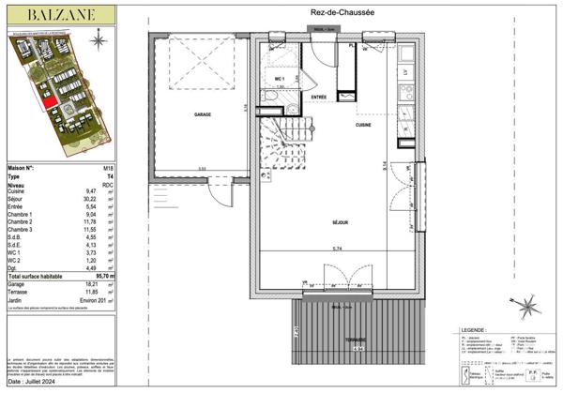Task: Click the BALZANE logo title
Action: [59, 14]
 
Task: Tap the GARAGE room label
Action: [202, 114]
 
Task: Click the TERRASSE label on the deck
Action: [353, 340]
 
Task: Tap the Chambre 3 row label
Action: [22, 230]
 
